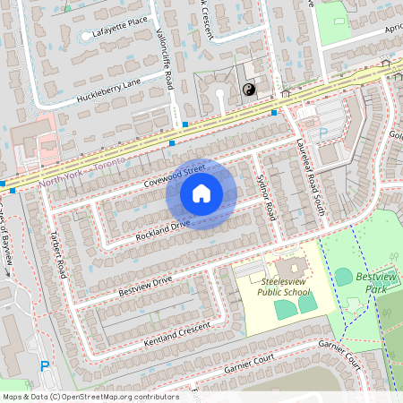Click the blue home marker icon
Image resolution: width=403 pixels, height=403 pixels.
tap(201, 193)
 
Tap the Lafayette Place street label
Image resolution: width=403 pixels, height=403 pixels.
tap(114, 34)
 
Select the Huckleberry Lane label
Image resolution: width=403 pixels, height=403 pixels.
tap(108, 87)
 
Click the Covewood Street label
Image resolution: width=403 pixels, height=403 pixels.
tap(174, 175)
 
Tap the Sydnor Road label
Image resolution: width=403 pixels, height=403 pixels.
tap(265, 199)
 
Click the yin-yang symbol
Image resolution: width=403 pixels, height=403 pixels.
tap(250, 89)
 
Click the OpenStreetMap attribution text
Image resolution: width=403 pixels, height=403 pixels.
tap(90, 396)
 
